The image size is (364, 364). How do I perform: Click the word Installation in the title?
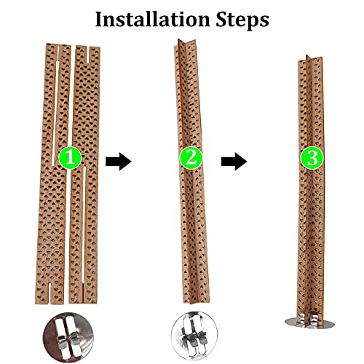pyautogui.click(x=152, y=20)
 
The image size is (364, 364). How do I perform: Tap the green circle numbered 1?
pyautogui.click(x=70, y=158)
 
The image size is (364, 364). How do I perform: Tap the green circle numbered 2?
pyautogui.click(x=191, y=158)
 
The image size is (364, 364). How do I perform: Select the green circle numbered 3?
pyautogui.click(x=312, y=159)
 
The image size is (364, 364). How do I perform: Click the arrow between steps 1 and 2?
pyautogui.click(x=119, y=162)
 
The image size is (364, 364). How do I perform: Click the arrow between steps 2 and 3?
pyautogui.click(x=234, y=162)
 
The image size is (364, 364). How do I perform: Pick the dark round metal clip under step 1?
pyautogui.click(x=68, y=337)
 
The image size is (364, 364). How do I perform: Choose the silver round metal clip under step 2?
pyautogui.click(x=194, y=337)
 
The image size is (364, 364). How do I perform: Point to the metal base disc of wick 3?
pyautogui.click(x=309, y=323)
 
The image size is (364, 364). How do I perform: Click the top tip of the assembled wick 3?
pyautogui.click(x=307, y=56)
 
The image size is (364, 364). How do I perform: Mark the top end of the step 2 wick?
pyautogui.click(x=180, y=40)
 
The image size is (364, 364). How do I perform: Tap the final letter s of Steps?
pyautogui.click(x=264, y=21)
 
